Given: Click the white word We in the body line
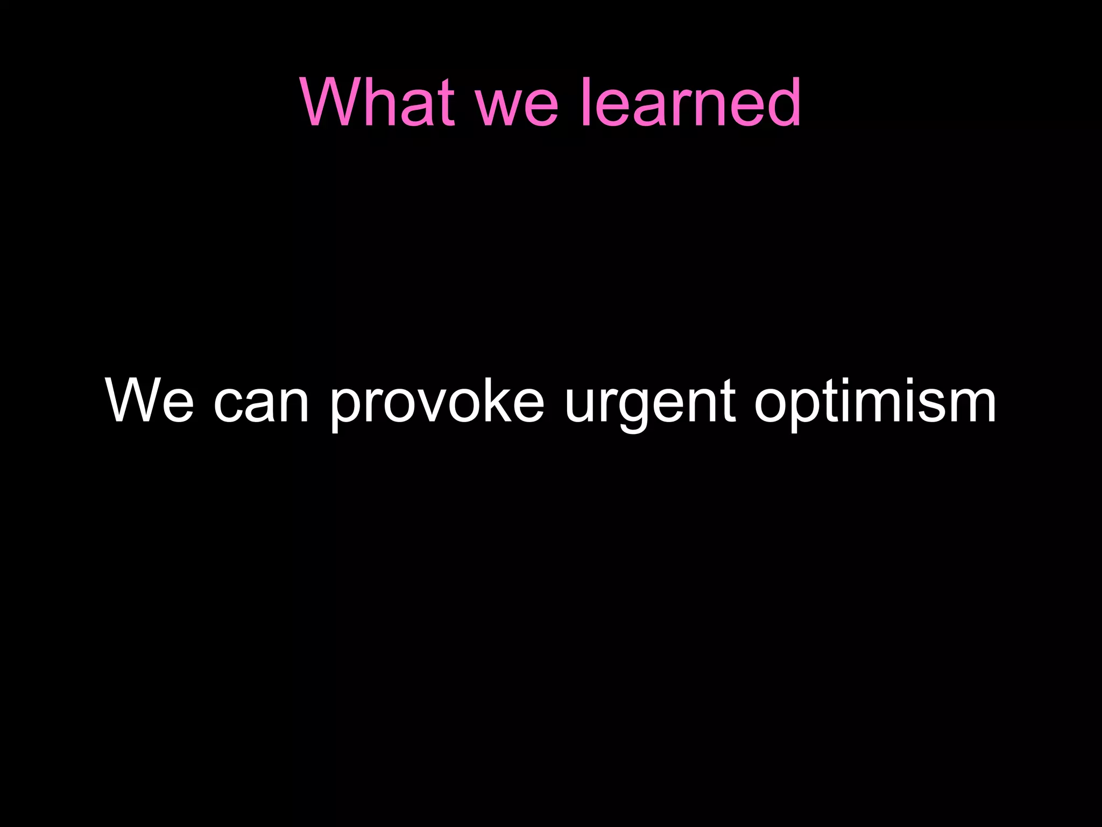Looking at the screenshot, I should coord(150,401).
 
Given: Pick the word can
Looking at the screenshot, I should coord(262,407).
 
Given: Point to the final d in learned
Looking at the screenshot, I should coord(782,102).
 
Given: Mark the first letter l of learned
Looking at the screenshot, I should coord(585,102).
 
